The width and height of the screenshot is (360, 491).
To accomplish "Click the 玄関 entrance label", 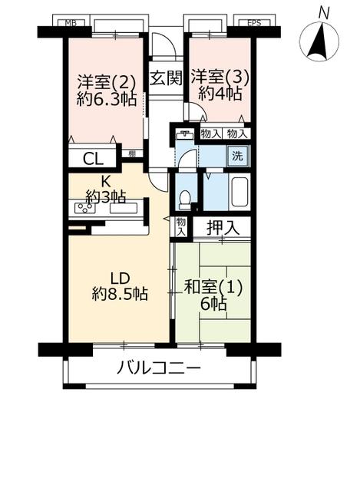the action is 166,78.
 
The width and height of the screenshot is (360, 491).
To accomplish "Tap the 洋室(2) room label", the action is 107,83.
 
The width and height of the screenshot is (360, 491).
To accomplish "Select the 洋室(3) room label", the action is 220,77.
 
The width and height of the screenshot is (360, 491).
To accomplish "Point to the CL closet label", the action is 93,159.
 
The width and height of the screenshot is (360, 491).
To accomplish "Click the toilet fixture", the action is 184,199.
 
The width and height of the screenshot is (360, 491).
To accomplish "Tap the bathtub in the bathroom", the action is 239,193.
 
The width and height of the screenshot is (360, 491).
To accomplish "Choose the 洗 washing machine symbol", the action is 238,156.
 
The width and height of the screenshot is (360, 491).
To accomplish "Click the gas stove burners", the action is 84,208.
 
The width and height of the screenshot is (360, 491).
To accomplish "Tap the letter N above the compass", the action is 324,14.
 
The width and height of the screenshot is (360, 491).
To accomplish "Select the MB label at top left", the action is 71,22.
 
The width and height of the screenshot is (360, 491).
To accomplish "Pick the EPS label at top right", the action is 254,22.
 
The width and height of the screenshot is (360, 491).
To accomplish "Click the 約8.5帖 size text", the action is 121,294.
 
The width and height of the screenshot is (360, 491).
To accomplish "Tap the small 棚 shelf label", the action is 132,153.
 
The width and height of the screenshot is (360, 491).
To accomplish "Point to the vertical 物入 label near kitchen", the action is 181,227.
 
